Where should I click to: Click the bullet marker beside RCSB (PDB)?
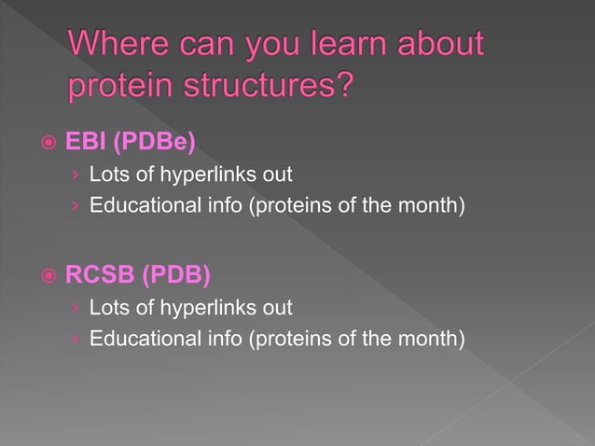tap(47, 276)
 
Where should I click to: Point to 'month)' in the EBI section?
tap(433, 204)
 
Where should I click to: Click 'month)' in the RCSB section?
tap(433, 337)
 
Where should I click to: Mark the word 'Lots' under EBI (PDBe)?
tap(106, 174)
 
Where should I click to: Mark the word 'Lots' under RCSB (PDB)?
tap(106, 307)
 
